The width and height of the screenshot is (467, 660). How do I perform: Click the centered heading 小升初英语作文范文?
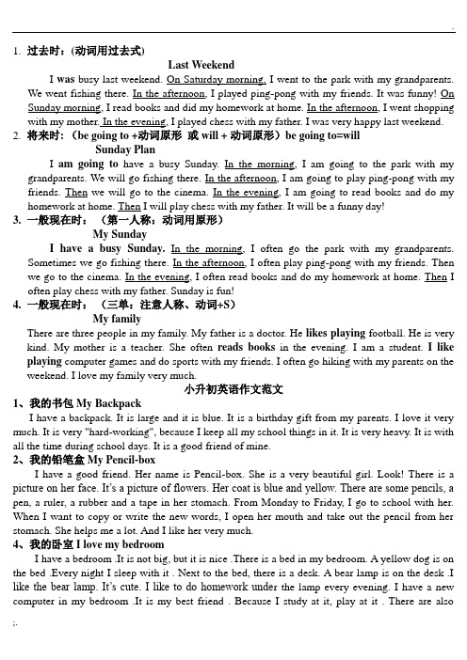pos(233,388)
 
